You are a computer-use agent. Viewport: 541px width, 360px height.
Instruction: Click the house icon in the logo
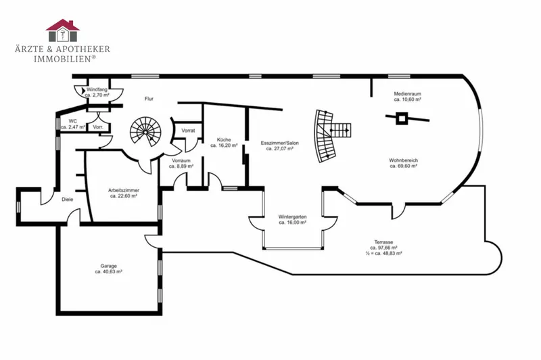point(62,30)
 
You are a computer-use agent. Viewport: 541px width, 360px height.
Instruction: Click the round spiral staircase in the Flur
point(145,132)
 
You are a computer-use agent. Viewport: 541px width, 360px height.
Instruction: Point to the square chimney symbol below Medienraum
point(401,118)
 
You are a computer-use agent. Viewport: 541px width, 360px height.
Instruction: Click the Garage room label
point(109,266)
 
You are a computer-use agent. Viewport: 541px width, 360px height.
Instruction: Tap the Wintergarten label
point(293,217)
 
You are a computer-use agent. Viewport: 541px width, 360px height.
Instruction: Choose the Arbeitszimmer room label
point(124,190)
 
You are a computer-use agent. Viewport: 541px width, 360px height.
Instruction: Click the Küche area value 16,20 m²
point(224,145)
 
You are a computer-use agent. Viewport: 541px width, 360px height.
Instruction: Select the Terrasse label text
point(383,242)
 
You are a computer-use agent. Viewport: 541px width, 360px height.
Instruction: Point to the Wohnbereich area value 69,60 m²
point(404,166)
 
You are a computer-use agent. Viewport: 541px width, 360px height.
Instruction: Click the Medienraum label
point(408,93)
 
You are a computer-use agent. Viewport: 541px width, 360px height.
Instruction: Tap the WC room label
point(73,121)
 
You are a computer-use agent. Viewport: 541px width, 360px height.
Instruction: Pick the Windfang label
point(97,89)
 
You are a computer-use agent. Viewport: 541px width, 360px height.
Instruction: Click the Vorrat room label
point(188,131)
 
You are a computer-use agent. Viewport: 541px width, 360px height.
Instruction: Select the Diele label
point(67,200)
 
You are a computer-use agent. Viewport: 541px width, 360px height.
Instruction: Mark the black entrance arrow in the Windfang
point(83,91)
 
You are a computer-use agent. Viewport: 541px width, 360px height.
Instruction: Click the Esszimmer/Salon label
point(280,143)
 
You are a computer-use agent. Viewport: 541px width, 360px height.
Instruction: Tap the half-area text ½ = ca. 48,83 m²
point(383,253)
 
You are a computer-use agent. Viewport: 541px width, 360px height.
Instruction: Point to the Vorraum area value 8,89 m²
point(181,166)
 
